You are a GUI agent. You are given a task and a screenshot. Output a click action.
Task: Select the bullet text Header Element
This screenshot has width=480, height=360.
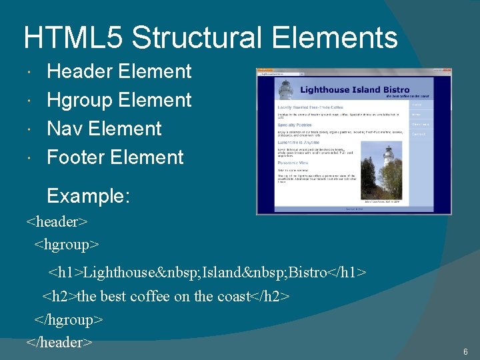(x=119, y=71)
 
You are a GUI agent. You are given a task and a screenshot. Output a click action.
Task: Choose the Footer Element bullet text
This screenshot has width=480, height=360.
(x=115, y=157)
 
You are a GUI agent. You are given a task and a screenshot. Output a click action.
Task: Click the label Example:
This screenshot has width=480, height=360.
(x=88, y=196)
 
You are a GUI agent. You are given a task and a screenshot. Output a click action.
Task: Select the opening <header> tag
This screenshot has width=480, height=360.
(x=57, y=221)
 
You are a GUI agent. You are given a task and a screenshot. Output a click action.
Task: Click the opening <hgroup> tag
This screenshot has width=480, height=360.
(x=67, y=244)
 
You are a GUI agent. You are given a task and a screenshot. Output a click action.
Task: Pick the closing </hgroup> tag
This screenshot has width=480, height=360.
(x=69, y=319)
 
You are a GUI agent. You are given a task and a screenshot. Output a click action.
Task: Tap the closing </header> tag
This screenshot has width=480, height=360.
(x=59, y=343)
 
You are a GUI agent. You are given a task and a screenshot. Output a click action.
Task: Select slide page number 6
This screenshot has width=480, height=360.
(x=465, y=351)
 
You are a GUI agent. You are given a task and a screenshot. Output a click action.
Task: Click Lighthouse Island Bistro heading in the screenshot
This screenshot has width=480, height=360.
(x=355, y=89)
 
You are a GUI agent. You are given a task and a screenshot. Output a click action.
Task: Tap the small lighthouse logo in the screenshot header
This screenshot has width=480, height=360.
(x=286, y=89)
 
